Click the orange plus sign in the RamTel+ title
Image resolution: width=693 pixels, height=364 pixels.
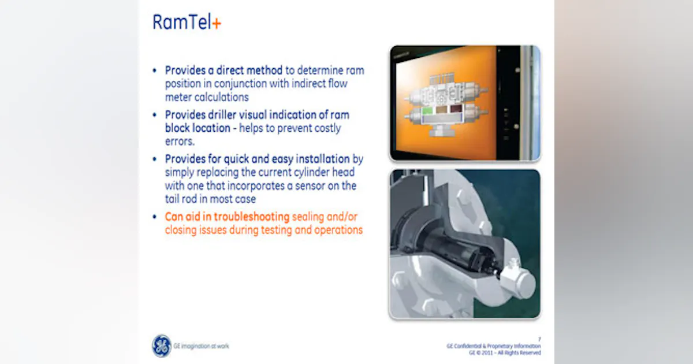pyautogui.click(x=217, y=23)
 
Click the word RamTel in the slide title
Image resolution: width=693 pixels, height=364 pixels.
pyautogui.click(x=182, y=22)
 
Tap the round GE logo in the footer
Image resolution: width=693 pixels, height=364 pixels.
pyautogui.click(x=162, y=346)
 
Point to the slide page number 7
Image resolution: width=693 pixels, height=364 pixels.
pyautogui.click(x=539, y=339)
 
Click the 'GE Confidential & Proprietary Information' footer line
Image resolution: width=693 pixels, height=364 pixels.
pyautogui.click(x=494, y=346)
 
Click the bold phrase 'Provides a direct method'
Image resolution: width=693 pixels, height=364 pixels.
pyautogui.click(x=224, y=70)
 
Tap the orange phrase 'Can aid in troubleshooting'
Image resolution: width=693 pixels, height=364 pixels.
pyautogui.click(x=227, y=217)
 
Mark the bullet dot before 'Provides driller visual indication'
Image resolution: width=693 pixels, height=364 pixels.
pyautogui.click(x=154, y=115)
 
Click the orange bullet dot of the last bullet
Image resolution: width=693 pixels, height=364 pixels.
pyautogui.click(x=154, y=217)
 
